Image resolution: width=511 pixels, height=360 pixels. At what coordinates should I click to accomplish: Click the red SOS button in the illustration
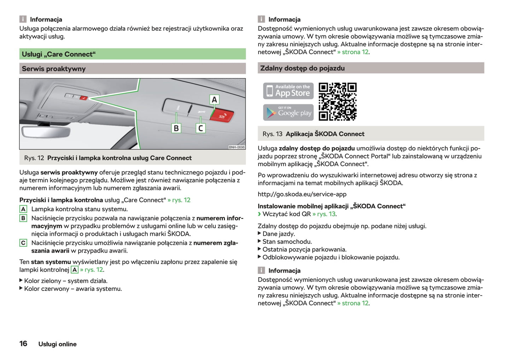point(222,116)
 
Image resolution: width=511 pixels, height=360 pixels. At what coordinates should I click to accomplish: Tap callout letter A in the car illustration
point(214,100)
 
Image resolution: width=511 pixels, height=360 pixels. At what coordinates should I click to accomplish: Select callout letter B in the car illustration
point(176,128)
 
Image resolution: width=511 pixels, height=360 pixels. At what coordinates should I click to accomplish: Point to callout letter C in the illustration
point(201,128)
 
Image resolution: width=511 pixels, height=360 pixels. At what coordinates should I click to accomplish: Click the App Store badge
point(288,91)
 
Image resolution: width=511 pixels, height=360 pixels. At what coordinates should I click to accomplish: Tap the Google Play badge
point(288,112)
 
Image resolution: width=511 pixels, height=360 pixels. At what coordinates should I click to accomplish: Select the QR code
point(337,102)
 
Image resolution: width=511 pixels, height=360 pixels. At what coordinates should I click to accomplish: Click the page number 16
point(23,344)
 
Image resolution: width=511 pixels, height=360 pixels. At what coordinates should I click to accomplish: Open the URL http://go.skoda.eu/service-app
point(302,194)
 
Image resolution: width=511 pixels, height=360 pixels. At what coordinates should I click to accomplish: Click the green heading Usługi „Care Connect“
point(59,54)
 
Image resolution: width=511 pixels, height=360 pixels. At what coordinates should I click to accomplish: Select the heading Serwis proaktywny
point(54,69)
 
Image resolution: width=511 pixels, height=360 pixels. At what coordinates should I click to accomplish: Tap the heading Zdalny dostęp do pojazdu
point(302,68)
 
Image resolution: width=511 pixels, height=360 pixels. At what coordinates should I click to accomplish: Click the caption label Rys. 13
point(272,134)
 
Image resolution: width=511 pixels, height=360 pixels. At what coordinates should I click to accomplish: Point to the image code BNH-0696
point(237,147)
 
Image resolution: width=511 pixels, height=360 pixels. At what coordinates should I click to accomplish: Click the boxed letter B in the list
point(23,218)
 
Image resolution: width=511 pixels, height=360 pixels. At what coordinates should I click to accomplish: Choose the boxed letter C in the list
point(23,243)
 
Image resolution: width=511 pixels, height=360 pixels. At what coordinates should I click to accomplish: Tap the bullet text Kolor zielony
point(66,281)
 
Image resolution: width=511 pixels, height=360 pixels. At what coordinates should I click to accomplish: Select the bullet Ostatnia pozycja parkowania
point(304,249)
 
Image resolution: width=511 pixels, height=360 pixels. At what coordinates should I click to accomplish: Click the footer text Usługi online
point(57,344)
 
